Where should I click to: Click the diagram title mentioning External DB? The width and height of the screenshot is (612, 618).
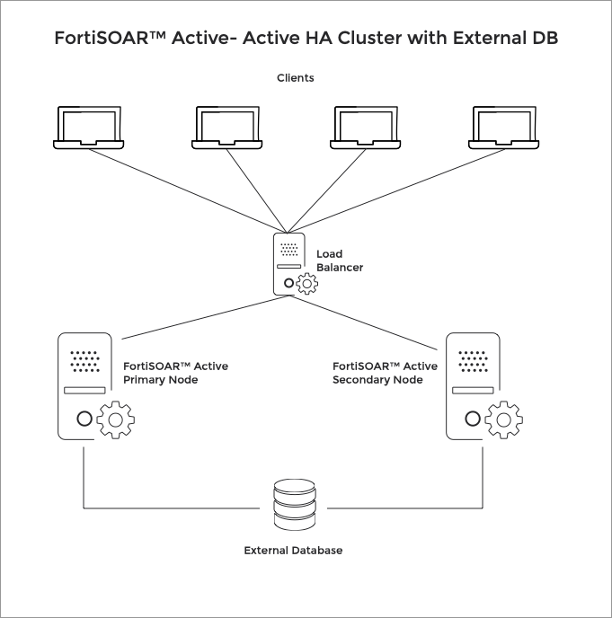(x=306, y=40)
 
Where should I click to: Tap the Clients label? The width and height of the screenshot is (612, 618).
(x=295, y=78)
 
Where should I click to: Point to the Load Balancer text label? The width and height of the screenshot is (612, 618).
(x=339, y=260)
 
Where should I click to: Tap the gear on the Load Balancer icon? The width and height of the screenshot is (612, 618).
(x=307, y=285)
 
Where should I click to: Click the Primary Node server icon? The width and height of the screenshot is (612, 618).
(x=84, y=386)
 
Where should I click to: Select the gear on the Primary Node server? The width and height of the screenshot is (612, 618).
(x=115, y=419)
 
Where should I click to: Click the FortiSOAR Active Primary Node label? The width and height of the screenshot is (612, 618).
(x=175, y=373)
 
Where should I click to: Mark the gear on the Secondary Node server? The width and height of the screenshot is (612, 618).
(x=504, y=419)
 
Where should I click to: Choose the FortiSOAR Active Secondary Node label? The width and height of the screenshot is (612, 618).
(x=385, y=373)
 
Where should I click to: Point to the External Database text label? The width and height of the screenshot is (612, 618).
(x=293, y=550)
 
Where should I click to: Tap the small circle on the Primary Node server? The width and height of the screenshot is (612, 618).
(x=84, y=419)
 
